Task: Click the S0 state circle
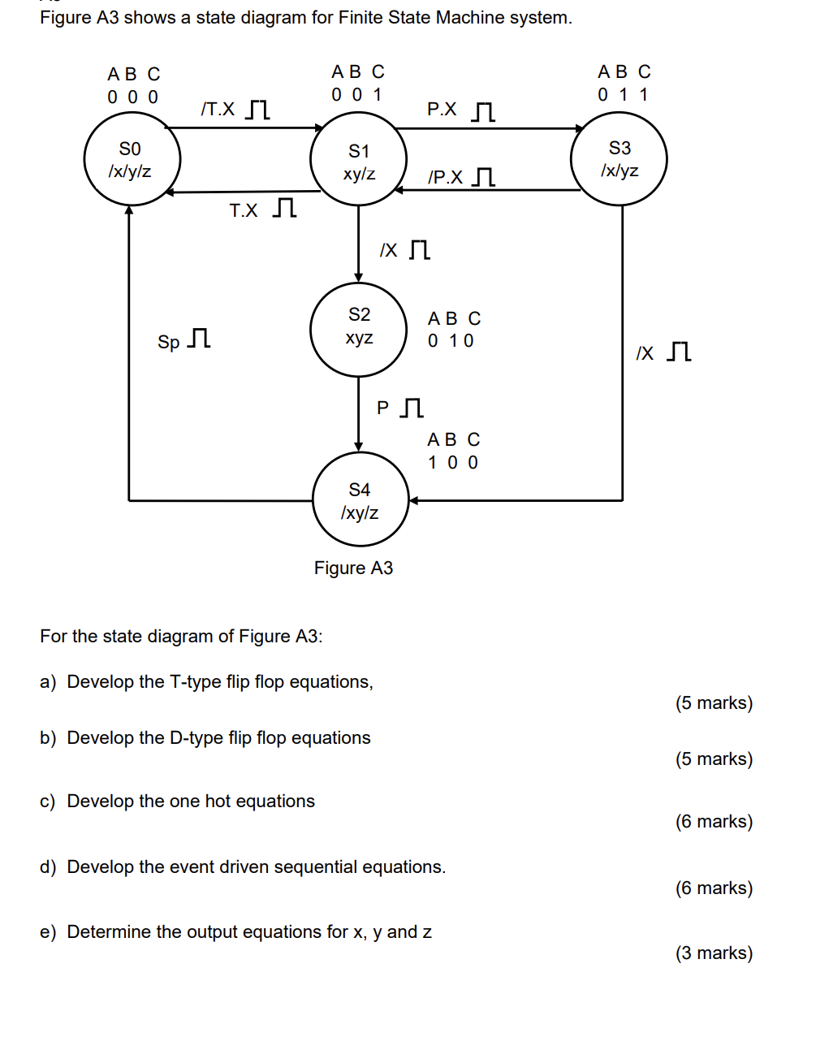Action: tap(132, 159)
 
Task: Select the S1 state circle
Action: tap(358, 160)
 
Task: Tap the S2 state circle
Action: tap(358, 329)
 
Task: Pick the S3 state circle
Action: tap(619, 158)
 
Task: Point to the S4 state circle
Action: tap(360, 499)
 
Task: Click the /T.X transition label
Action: tap(218, 109)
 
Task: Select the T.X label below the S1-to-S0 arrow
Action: tap(243, 211)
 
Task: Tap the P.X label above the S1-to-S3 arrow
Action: tap(442, 109)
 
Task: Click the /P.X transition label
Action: tap(445, 178)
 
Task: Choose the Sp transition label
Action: tap(168, 342)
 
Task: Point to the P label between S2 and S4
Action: tap(382, 408)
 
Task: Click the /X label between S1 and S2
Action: tap(389, 250)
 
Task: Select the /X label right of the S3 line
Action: tap(645, 353)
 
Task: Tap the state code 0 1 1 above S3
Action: tap(623, 95)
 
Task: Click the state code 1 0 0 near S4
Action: tap(453, 463)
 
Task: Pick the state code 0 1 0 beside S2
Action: tap(451, 341)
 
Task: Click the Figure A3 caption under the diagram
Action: tap(353, 568)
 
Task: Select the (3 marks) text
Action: tap(714, 953)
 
